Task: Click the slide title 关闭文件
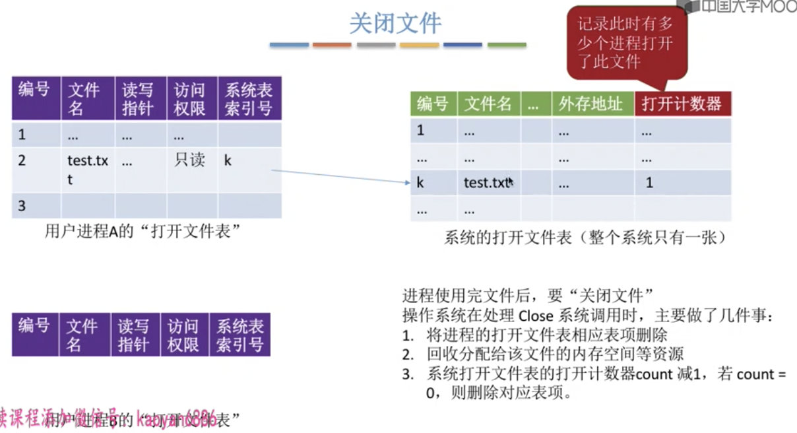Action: click(x=395, y=24)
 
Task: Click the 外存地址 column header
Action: click(x=592, y=104)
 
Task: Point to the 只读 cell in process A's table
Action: click(x=189, y=160)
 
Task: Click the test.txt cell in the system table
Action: click(x=487, y=183)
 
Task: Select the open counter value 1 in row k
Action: click(x=649, y=183)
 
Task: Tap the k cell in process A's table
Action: click(x=228, y=160)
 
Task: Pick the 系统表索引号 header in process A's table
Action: click(x=249, y=99)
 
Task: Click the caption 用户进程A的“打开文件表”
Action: click(x=141, y=232)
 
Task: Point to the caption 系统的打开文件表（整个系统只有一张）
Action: click(x=585, y=238)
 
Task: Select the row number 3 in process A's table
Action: click(x=22, y=206)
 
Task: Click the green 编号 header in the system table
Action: click(x=433, y=104)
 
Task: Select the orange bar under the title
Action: click(x=332, y=45)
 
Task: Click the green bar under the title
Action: click(x=507, y=45)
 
